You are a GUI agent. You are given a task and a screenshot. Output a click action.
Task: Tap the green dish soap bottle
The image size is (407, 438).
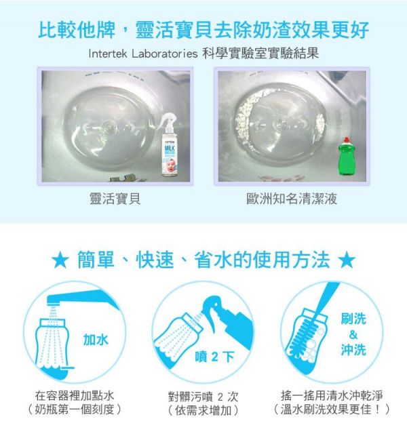click(347, 155)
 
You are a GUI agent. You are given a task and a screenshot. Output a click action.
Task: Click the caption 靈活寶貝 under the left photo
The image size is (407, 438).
click(115, 199)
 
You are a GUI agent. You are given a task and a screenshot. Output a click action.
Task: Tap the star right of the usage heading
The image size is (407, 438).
click(347, 260)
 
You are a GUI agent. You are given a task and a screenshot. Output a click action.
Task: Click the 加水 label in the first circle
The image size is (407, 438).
click(95, 339)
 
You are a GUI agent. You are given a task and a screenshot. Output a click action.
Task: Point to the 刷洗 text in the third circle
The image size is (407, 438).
click(353, 319)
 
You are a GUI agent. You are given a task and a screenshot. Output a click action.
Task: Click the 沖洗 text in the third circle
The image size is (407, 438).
click(353, 350)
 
